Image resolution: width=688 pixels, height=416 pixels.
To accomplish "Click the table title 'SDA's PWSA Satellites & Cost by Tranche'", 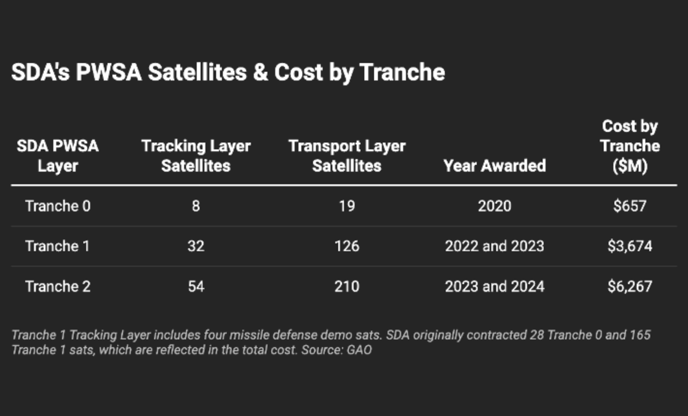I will point(228,72).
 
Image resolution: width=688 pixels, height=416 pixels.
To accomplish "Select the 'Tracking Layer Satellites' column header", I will point(196,156).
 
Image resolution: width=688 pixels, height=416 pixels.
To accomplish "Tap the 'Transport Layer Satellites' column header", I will point(346,156).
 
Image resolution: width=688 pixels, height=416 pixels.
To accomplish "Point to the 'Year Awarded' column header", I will point(494,166).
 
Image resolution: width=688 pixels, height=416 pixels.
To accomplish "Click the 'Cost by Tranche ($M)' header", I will point(629,146).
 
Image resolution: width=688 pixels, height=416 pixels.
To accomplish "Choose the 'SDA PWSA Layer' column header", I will point(58,156).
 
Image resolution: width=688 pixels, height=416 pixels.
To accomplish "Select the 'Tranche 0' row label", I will point(58,206).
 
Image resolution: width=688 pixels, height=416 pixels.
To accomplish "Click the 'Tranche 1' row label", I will point(58,246).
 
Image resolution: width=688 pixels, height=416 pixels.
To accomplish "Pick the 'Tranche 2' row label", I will point(58,286).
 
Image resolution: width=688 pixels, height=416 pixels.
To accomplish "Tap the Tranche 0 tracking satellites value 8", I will point(196,206).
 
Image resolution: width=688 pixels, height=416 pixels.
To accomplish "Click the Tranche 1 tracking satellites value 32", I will point(196,246).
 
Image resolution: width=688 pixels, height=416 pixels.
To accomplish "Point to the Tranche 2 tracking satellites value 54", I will point(196,286).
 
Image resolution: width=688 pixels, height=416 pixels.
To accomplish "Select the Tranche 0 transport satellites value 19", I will point(346,206).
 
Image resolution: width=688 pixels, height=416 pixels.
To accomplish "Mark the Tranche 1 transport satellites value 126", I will point(346,246).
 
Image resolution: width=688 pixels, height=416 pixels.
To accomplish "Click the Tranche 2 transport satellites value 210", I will point(346,286).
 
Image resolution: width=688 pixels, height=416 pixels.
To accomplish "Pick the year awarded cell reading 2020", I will point(494,206).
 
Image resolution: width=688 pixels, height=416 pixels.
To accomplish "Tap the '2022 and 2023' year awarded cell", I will point(494,246).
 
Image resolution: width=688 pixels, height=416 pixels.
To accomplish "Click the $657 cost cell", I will point(629,206).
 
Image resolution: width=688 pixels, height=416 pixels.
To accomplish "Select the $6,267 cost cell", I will point(629,286).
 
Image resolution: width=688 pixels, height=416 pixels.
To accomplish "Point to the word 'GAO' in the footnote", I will point(359,350).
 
